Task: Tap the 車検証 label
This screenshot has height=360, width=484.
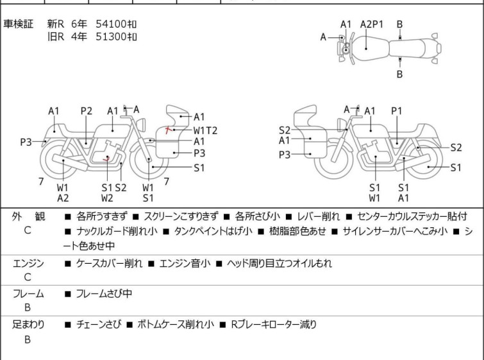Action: click(18, 24)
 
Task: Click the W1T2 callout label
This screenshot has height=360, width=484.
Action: click(205, 130)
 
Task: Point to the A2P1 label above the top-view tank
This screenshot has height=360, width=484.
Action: click(372, 24)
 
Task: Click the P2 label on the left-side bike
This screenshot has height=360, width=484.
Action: click(87, 110)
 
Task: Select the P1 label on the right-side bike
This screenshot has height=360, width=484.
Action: click(397, 110)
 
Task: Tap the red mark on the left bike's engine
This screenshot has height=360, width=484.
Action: click(106, 159)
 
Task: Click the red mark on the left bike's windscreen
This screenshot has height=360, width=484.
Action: click(167, 130)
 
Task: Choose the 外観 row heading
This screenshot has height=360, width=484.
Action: click(28, 216)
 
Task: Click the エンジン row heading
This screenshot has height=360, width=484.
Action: click(28, 263)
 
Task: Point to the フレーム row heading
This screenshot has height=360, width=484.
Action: click(28, 293)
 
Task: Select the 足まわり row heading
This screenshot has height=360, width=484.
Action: click(28, 325)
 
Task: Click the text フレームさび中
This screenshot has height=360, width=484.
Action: click(104, 293)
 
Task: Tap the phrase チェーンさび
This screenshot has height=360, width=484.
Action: click(99, 324)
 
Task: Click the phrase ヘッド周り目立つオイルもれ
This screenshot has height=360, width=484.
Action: click(280, 263)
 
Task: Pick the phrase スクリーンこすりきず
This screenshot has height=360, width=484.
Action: click(181, 216)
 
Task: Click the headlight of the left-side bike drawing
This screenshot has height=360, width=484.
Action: click(141, 125)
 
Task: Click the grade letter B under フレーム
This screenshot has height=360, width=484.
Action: click(28, 307)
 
